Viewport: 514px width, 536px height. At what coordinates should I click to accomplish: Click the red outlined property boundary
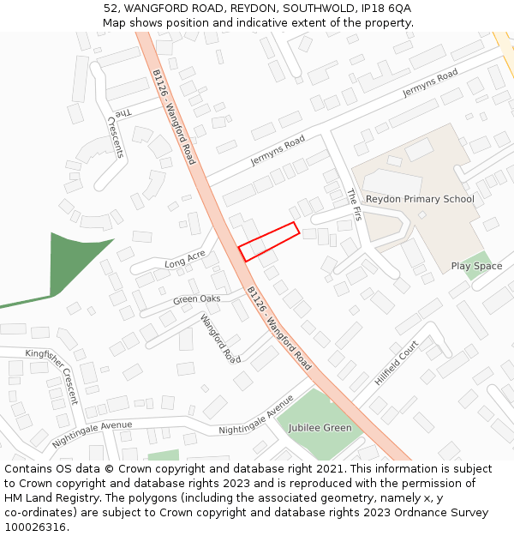(268, 242)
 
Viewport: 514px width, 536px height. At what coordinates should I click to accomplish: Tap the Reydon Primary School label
(420, 199)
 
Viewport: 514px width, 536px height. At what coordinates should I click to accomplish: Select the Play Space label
(476, 267)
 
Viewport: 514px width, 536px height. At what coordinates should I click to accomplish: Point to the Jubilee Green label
(320, 428)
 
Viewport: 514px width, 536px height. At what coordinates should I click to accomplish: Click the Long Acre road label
(185, 258)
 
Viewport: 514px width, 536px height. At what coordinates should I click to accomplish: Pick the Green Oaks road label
(196, 299)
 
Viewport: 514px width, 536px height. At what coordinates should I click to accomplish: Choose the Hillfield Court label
(396, 361)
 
